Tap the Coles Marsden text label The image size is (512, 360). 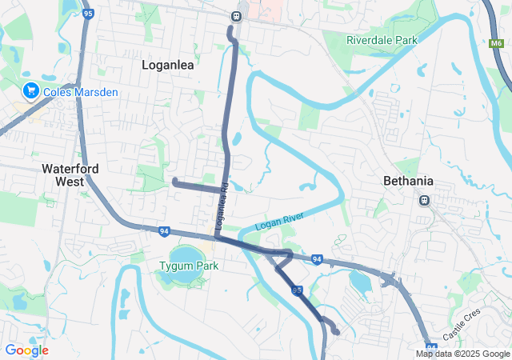81,92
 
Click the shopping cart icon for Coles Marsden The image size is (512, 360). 30,91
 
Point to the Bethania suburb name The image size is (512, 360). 408,181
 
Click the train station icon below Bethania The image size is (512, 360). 424,200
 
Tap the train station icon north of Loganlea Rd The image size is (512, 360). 235,15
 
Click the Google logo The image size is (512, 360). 26,350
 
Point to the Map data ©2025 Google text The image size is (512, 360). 462,354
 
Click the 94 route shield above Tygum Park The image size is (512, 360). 164,231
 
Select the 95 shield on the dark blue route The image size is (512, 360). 297,290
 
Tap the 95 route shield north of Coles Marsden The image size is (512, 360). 87,14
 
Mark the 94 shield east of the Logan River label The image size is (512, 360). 317,259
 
